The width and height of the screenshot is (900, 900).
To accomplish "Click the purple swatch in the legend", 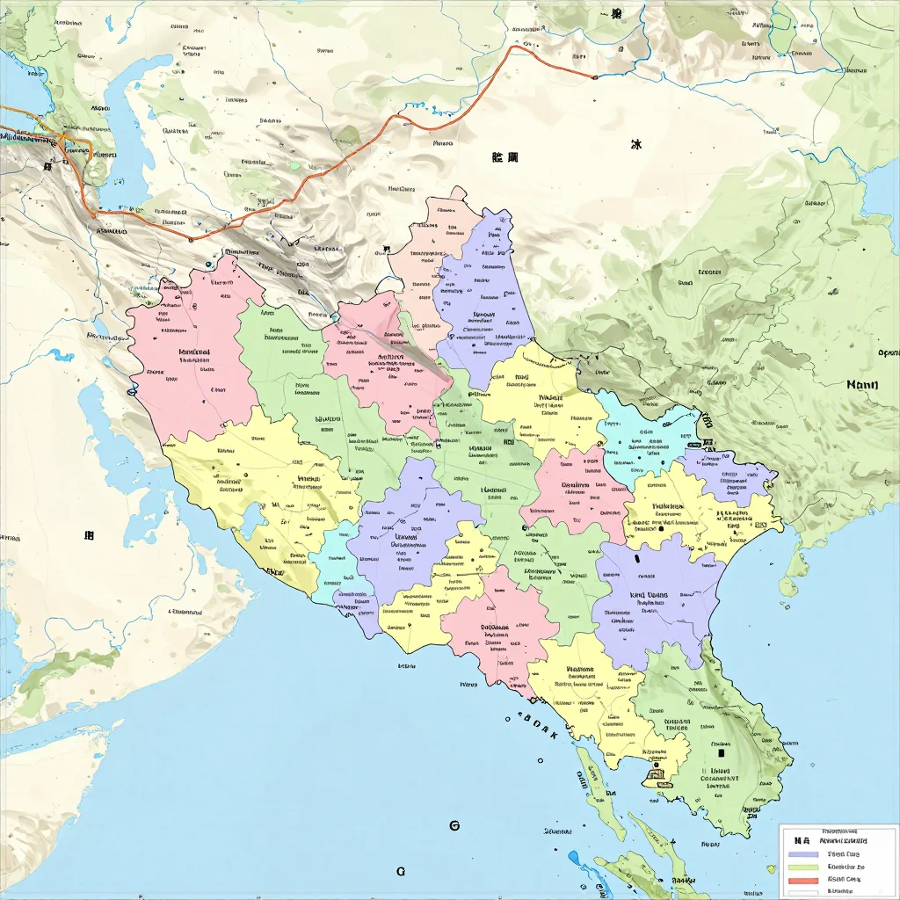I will tap(802, 853).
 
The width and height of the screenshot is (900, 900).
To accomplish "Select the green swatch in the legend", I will tap(802, 866).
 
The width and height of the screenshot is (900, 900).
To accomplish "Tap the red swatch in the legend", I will tap(802, 879).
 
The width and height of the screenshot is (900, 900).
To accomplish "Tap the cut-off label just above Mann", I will tap(888, 353).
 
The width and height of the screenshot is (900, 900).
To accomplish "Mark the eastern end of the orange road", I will tap(595, 78).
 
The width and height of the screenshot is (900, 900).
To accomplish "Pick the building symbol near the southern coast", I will tap(654, 774).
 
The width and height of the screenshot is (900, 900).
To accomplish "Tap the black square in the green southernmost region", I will tap(721, 752).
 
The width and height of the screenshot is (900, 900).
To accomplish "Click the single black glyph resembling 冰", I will tap(636, 146).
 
